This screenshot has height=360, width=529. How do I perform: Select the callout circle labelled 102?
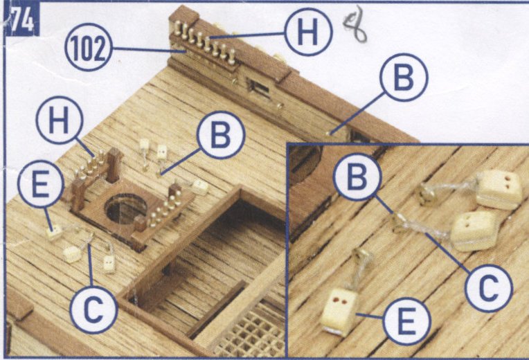coord(89,47)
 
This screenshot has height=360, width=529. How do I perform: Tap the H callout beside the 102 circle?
coord(308,33)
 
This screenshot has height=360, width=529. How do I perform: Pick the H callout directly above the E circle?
coord(60,120)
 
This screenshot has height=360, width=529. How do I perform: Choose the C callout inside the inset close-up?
coord(489,288)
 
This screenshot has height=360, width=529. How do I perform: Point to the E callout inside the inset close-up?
coord(407,321)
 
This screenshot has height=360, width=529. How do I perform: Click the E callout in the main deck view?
coord(40,184)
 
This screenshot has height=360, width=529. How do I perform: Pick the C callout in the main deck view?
coord(93,309)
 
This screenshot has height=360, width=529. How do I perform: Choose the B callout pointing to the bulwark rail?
coord(404,77)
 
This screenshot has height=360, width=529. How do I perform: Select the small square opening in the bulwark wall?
coord(260,89)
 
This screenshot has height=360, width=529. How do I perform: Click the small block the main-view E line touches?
coord(54,233)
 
